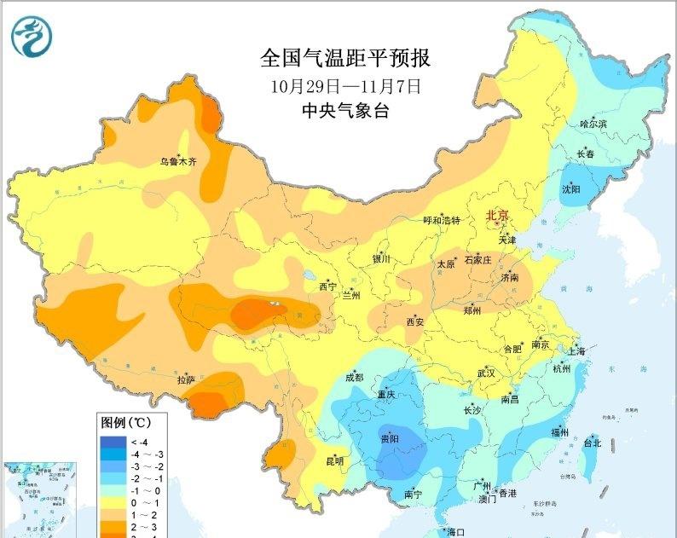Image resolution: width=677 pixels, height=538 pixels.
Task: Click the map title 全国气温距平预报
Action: [345, 59]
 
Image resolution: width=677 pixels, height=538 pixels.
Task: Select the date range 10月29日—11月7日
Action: [345, 86]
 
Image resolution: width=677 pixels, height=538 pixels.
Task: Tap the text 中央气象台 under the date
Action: [345, 110]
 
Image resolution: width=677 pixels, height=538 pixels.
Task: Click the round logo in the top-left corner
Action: [32, 36]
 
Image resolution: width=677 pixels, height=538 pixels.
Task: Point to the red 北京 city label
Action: [497, 216]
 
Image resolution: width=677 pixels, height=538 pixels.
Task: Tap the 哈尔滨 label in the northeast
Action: [593, 124]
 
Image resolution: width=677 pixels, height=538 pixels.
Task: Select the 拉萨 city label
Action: [187, 379]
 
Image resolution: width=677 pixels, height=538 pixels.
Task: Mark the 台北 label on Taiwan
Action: [592, 443]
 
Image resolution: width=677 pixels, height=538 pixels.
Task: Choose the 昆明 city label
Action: [335, 461]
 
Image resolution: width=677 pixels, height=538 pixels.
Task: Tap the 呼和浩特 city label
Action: [442, 220]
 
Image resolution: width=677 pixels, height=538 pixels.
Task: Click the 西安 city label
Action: [415, 321]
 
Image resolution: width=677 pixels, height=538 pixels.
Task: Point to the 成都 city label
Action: [354, 377]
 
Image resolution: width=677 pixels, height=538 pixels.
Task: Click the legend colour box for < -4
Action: [111, 442]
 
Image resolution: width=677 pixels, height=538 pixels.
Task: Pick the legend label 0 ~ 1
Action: [141, 503]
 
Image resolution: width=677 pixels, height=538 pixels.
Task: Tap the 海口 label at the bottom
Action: [455, 532]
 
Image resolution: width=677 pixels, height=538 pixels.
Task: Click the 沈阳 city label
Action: [570, 189]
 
